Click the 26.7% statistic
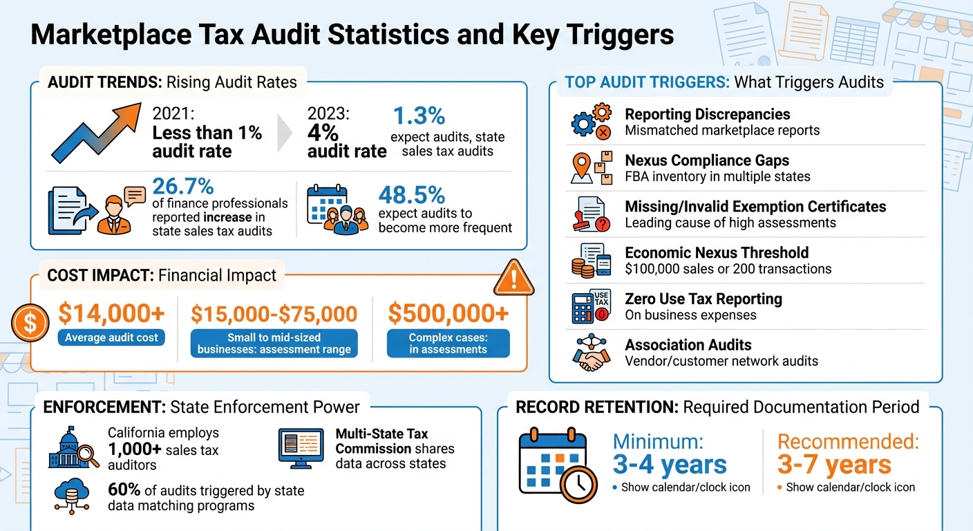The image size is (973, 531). pyautogui.click(x=183, y=186)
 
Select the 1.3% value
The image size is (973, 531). pyautogui.click(x=419, y=115)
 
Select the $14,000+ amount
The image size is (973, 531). pyautogui.click(x=111, y=314)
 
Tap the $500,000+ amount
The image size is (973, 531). pyautogui.click(x=448, y=314)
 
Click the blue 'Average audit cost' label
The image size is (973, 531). pyautogui.click(x=111, y=338)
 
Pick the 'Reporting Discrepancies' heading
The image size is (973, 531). pyautogui.click(x=707, y=114)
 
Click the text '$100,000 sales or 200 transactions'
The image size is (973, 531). pyautogui.click(x=728, y=269)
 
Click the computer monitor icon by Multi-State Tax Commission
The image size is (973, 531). pyautogui.click(x=301, y=446)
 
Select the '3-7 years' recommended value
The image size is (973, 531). pyautogui.click(x=834, y=465)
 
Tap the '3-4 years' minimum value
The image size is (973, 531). pyautogui.click(x=670, y=465)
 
